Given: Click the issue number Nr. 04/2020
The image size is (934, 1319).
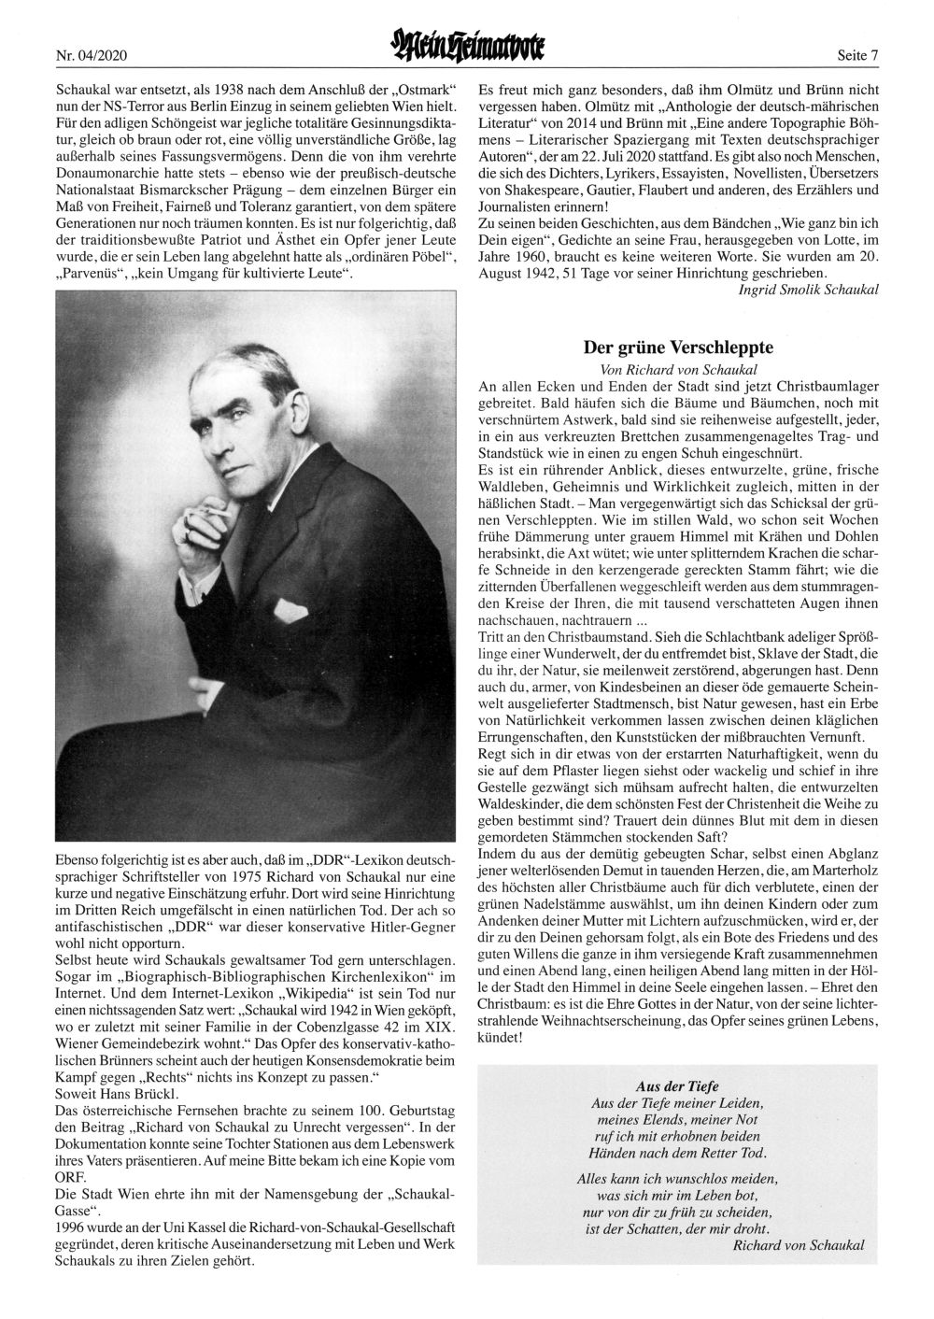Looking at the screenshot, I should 92,56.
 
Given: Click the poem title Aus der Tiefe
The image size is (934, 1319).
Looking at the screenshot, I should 677,1085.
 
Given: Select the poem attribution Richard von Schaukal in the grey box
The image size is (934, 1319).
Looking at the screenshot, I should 799,1245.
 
